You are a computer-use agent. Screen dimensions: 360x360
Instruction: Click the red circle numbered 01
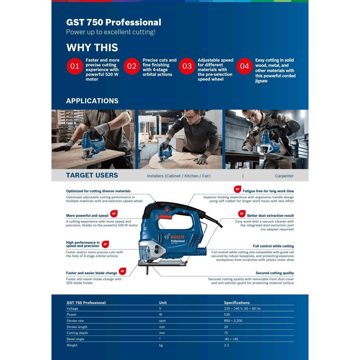(75, 66)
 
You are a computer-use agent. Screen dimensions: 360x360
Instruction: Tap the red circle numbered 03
(187, 66)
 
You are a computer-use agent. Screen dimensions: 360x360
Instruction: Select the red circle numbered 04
(244, 66)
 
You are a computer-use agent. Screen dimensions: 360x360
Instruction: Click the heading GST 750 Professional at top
(113, 22)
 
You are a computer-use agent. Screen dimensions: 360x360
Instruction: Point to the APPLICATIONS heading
(92, 101)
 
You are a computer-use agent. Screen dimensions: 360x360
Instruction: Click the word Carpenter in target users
(284, 176)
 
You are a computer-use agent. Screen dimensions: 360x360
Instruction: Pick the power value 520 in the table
(227, 315)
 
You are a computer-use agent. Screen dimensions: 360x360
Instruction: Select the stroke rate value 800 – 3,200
(233, 321)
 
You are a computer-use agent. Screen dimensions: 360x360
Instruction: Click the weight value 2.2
(226, 345)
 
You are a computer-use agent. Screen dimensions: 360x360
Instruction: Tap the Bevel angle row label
(75, 339)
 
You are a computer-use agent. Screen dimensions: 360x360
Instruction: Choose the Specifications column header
(237, 303)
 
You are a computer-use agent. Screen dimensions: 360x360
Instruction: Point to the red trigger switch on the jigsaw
(166, 217)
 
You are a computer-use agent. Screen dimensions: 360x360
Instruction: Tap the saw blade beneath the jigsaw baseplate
(148, 270)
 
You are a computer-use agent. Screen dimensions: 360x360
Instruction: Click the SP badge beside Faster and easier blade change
(122, 271)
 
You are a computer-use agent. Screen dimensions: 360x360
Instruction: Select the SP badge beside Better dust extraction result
(242, 214)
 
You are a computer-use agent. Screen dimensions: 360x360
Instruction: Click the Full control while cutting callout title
(273, 246)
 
